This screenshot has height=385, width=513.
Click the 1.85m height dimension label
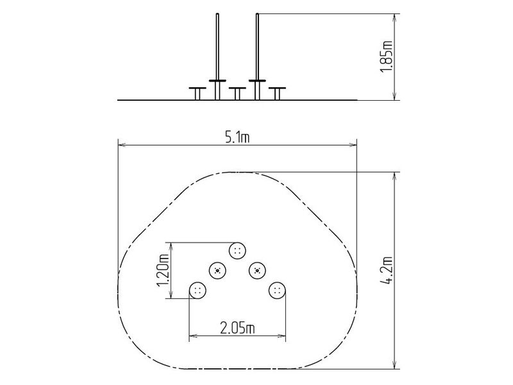pos(387,56)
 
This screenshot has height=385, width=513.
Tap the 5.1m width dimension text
pos(237,137)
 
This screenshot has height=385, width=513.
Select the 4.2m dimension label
pos(387,270)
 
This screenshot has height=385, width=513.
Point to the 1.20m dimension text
pos(163,271)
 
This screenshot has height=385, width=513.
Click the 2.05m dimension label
pos(237,328)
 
